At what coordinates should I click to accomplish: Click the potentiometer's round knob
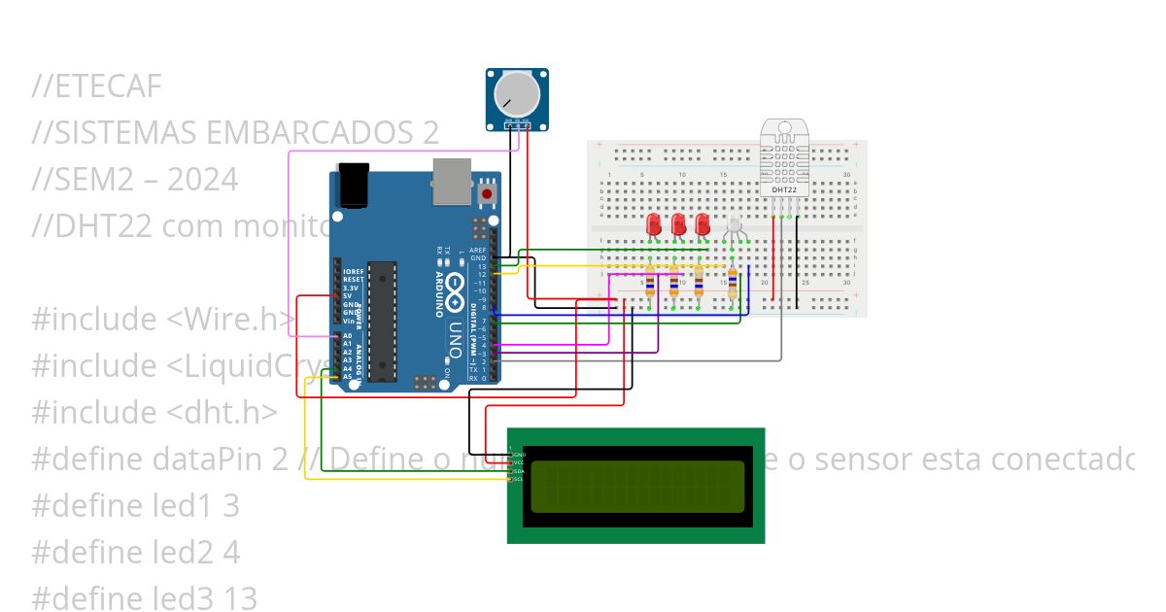517,95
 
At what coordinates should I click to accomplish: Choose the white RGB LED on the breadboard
734,226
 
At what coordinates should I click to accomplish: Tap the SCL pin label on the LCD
519,479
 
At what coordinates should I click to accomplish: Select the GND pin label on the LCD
519,454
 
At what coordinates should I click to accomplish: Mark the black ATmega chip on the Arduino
382,321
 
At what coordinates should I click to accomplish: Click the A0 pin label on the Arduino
347,335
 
